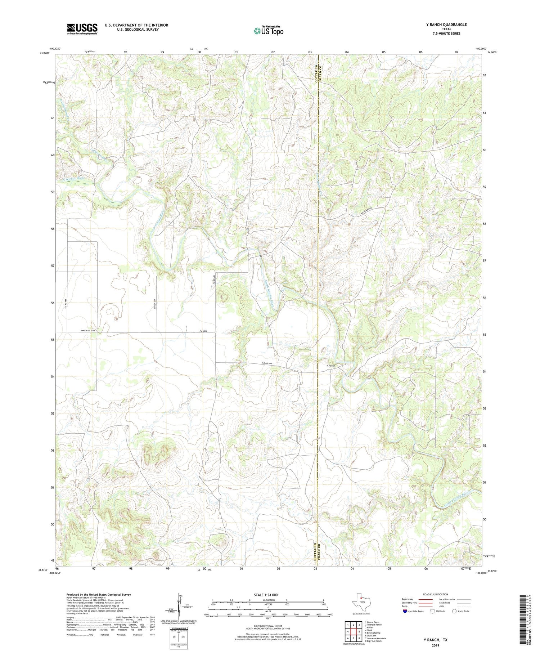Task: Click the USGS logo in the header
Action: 82,29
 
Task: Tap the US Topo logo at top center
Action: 268,31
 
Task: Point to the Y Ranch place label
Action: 331,366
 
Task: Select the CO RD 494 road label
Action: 267,364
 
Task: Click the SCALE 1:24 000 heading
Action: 266,595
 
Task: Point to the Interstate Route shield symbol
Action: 405,611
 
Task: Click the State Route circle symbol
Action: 454,611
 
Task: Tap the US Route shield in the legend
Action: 432,611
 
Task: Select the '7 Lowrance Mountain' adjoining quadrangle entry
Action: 375,638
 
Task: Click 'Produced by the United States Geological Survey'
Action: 99,595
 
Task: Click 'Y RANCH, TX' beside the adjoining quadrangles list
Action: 435,640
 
